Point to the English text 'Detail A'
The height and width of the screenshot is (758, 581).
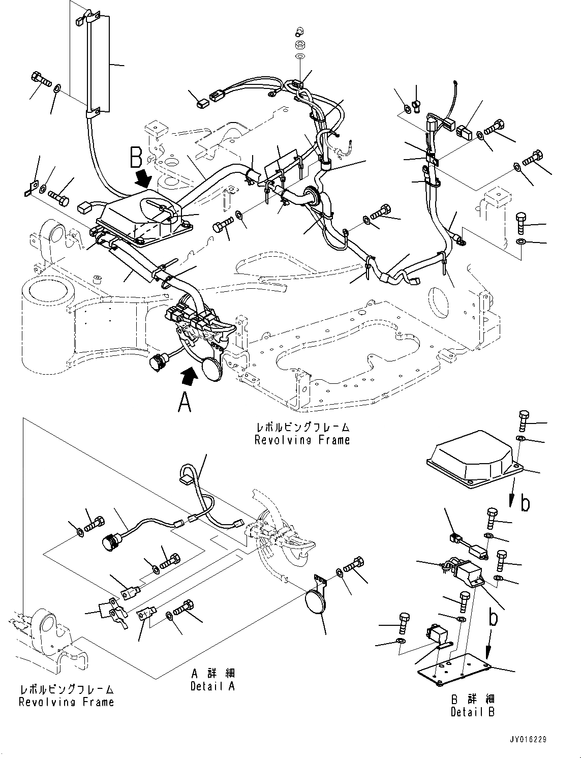pyautogui.click(x=213, y=686)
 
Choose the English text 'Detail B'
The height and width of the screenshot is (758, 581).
pyautogui.click(x=473, y=712)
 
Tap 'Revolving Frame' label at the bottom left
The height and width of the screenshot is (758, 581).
pyautogui.click(x=66, y=702)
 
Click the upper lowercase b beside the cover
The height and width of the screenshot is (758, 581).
pyautogui.click(x=525, y=503)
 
